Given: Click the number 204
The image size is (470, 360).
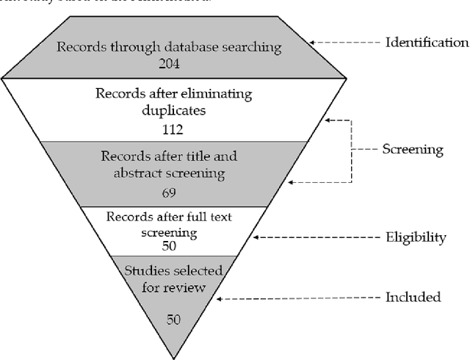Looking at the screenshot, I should tap(169, 63).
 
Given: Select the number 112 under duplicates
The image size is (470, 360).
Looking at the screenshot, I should tap(170, 129).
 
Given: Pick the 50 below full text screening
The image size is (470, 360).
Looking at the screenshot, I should tap(170, 245).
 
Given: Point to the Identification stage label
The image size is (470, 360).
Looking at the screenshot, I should tap(427, 42).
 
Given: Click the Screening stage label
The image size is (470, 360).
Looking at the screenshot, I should tap(413, 149).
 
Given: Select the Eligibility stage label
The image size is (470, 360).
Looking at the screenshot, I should tap(416, 237).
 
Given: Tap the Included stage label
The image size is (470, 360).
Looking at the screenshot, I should tap(413, 297).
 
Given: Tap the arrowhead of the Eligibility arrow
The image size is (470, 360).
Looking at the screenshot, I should tap(254, 237).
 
